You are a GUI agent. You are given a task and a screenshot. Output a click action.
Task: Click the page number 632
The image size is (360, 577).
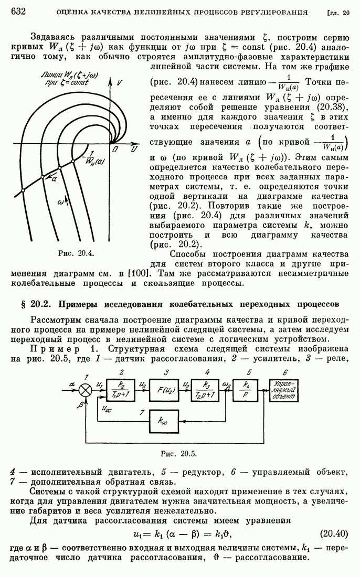(19, 12)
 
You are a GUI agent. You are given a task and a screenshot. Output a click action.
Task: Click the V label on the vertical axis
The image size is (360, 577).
(120, 83)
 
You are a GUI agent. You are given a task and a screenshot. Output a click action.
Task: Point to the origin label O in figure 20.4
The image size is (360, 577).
(115, 150)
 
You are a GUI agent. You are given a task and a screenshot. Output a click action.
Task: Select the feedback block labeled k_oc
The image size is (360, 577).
(165, 421)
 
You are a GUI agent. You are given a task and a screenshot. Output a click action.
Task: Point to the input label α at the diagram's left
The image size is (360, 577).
(71, 383)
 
